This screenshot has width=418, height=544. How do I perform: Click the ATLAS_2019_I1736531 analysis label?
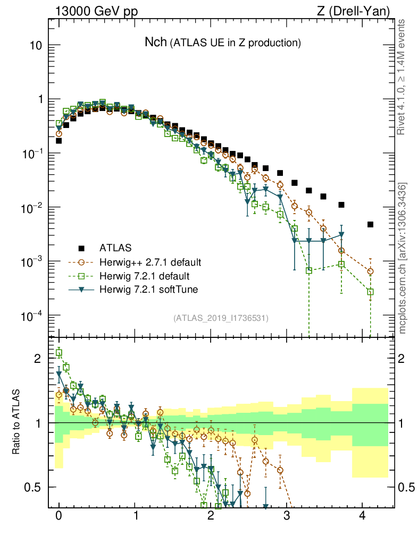click(x=221, y=318)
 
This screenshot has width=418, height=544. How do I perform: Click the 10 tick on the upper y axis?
click(x=36, y=46)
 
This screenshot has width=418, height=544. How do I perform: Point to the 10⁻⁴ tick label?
click(x=32, y=316)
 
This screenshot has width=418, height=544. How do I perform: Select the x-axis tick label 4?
click(x=363, y=516)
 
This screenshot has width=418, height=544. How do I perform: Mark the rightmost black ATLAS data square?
click(x=370, y=225)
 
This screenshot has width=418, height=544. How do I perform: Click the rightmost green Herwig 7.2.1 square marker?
click(x=370, y=292)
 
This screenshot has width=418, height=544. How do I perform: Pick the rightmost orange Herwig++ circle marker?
click(x=370, y=271)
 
